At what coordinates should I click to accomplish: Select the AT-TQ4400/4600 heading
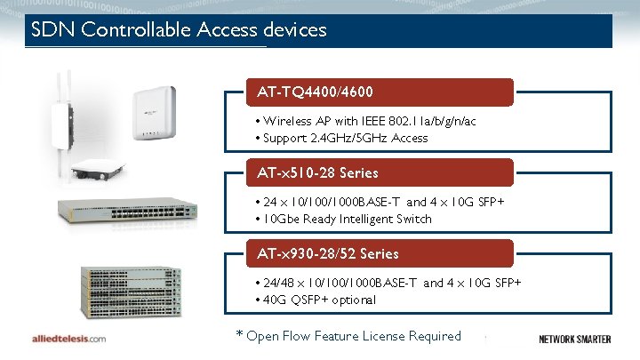click(x=315, y=92)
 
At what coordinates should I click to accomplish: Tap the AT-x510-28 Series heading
click(x=317, y=172)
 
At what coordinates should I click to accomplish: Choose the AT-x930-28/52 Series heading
click(x=328, y=253)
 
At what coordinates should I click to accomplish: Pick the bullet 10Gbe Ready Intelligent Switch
click(x=346, y=219)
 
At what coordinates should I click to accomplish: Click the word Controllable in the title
click(x=134, y=30)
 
